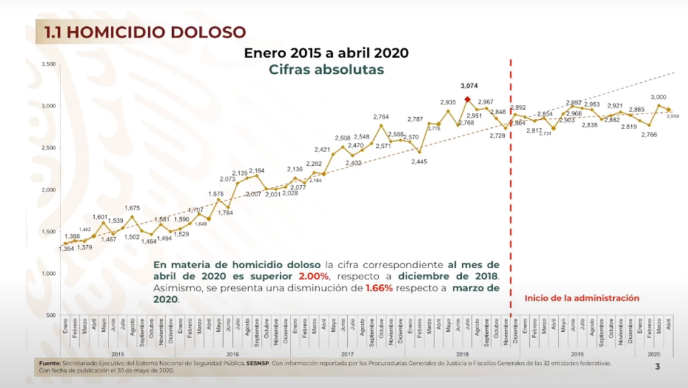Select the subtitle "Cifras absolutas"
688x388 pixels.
(x=326, y=69)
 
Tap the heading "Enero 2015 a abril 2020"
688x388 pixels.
(x=326, y=52)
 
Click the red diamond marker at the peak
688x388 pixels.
(x=467, y=99)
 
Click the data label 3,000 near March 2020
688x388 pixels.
(x=658, y=97)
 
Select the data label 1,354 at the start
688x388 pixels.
(x=66, y=250)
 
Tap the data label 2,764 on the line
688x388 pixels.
(x=381, y=117)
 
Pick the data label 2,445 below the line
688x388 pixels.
(x=419, y=162)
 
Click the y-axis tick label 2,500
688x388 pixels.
(x=48, y=148)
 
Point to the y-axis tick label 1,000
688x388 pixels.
(x=48, y=273)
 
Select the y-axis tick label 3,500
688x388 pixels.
(x=48, y=64)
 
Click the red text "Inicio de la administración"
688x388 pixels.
(x=581, y=298)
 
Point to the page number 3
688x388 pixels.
(x=657, y=367)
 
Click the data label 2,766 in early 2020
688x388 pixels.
(x=648, y=135)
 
